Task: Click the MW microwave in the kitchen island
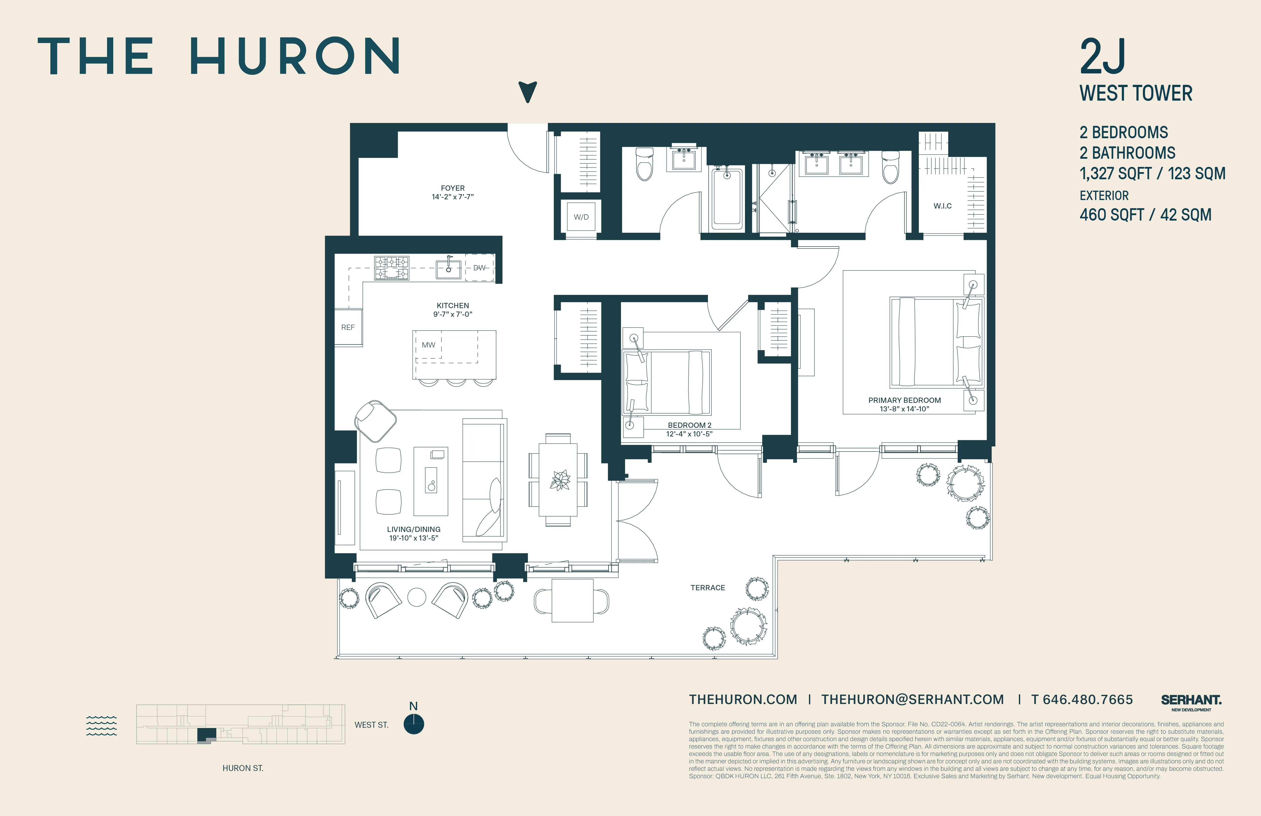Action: [428, 345]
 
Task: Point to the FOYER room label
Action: [452, 188]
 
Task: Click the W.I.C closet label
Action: [942, 205]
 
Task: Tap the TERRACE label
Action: [707, 588]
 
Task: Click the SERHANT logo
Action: [1191, 701]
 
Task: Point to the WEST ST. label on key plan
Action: [371, 725]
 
